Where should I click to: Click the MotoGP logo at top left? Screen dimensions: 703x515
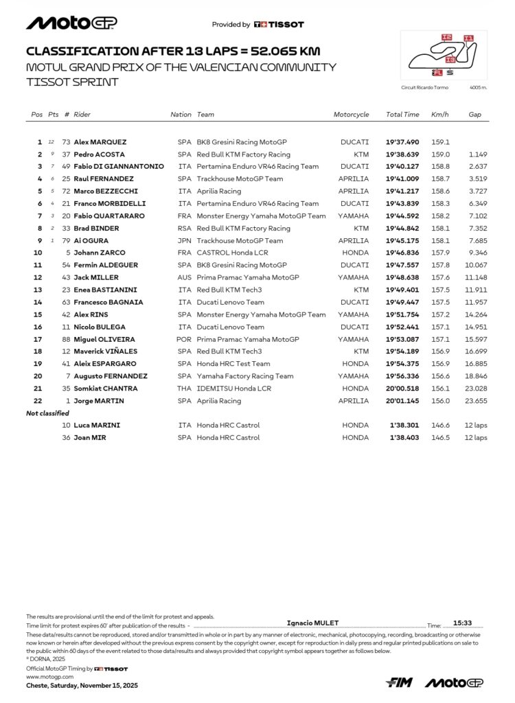pos(71,23)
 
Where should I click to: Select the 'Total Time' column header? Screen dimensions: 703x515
pos(402,115)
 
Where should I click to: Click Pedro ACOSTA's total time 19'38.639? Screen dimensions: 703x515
pos(402,154)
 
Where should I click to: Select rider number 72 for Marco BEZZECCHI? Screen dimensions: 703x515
pos(67,192)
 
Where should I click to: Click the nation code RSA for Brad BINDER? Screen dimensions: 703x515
pos(184,229)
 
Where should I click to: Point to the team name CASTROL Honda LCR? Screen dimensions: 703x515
pos(233,253)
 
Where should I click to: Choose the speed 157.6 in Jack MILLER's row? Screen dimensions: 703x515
pos(440,277)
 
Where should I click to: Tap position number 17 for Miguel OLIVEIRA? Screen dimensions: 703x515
pos(38,339)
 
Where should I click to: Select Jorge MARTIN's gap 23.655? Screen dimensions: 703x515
pos(475,401)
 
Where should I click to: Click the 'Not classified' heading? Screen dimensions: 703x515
pos(47,413)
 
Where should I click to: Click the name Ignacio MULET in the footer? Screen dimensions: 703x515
pos(312,623)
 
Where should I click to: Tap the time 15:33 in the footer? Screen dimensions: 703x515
pos(462,623)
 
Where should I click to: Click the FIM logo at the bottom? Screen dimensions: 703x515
pos(399,682)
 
